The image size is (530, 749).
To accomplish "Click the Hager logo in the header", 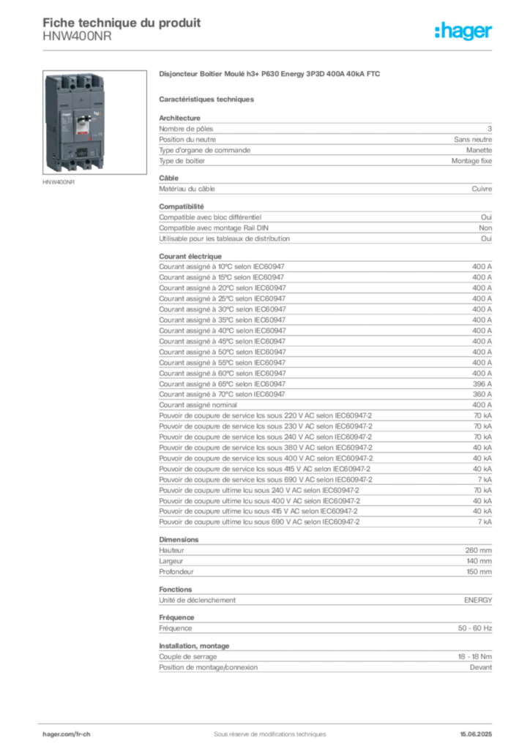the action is [x=463, y=31].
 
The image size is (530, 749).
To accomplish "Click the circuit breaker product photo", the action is [x=94, y=122].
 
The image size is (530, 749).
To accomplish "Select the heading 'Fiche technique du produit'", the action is [x=122, y=23].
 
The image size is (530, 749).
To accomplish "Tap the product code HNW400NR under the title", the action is [x=77, y=37].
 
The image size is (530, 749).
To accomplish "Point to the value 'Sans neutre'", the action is [x=473, y=140].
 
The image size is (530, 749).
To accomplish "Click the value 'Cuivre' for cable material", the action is [x=482, y=189].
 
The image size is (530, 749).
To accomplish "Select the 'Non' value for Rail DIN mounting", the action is [x=485, y=228].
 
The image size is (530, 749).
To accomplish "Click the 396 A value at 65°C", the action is [x=482, y=384].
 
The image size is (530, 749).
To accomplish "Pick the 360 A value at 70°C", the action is [x=482, y=394].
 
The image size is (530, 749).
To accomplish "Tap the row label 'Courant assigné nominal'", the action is [x=198, y=405].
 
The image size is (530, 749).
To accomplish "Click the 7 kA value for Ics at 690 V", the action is [x=485, y=480].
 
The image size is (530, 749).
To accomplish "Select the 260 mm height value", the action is [x=478, y=550].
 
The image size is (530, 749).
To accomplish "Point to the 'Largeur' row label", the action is [x=171, y=561].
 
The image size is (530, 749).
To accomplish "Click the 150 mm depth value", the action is [x=479, y=572].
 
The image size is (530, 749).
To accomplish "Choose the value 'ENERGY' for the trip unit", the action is [x=478, y=600].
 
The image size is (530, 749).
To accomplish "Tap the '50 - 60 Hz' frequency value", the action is [x=475, y=628].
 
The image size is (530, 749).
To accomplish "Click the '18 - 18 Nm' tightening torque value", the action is [x=474, y=657].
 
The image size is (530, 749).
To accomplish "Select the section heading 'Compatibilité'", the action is [x=182, y=206].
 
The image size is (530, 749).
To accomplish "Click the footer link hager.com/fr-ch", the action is [x=67, y=734].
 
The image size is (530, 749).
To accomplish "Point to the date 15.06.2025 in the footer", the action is [x=476, y=734].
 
